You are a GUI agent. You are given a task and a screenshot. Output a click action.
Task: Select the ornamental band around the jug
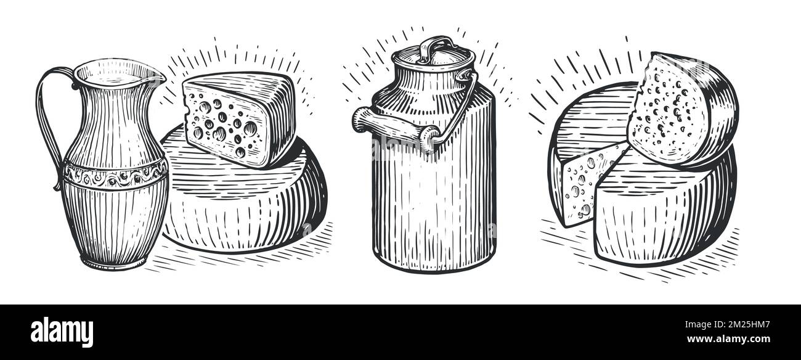(x=115, y=175)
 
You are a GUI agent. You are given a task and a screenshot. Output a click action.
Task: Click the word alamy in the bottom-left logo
(x=62, y=331)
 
